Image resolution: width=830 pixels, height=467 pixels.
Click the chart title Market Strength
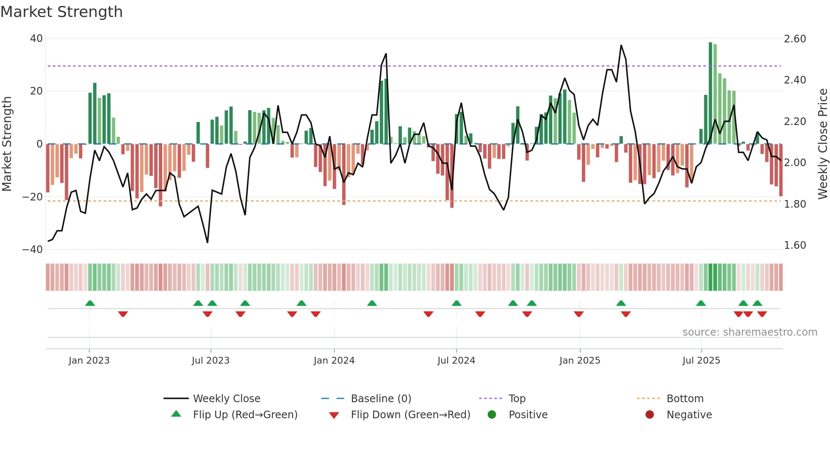tap(62, 12)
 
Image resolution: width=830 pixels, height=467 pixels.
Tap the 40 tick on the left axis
tap(36, 39)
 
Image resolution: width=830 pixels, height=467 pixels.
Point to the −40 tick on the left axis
tap(33, 250)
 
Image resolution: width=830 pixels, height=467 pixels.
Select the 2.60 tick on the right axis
tap(795, 39)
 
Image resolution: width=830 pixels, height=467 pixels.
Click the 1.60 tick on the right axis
tap(795, 245)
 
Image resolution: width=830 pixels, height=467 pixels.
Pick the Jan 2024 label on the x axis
tap(334, 361)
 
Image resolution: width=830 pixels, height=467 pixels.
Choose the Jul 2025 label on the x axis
tap(701, 361)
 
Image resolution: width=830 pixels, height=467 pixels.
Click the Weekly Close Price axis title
tap(822, 144)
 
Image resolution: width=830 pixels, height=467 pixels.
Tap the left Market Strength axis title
tap(7, 144)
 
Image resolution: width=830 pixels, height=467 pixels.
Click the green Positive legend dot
tap(492, 414)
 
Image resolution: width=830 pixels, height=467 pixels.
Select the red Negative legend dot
tap(650, 414)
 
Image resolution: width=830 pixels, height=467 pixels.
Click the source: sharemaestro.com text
tap(750, 332)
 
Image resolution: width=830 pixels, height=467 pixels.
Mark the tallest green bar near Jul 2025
tap(711, 93)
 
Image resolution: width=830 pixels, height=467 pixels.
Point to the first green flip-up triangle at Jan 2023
tap(90, 303)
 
